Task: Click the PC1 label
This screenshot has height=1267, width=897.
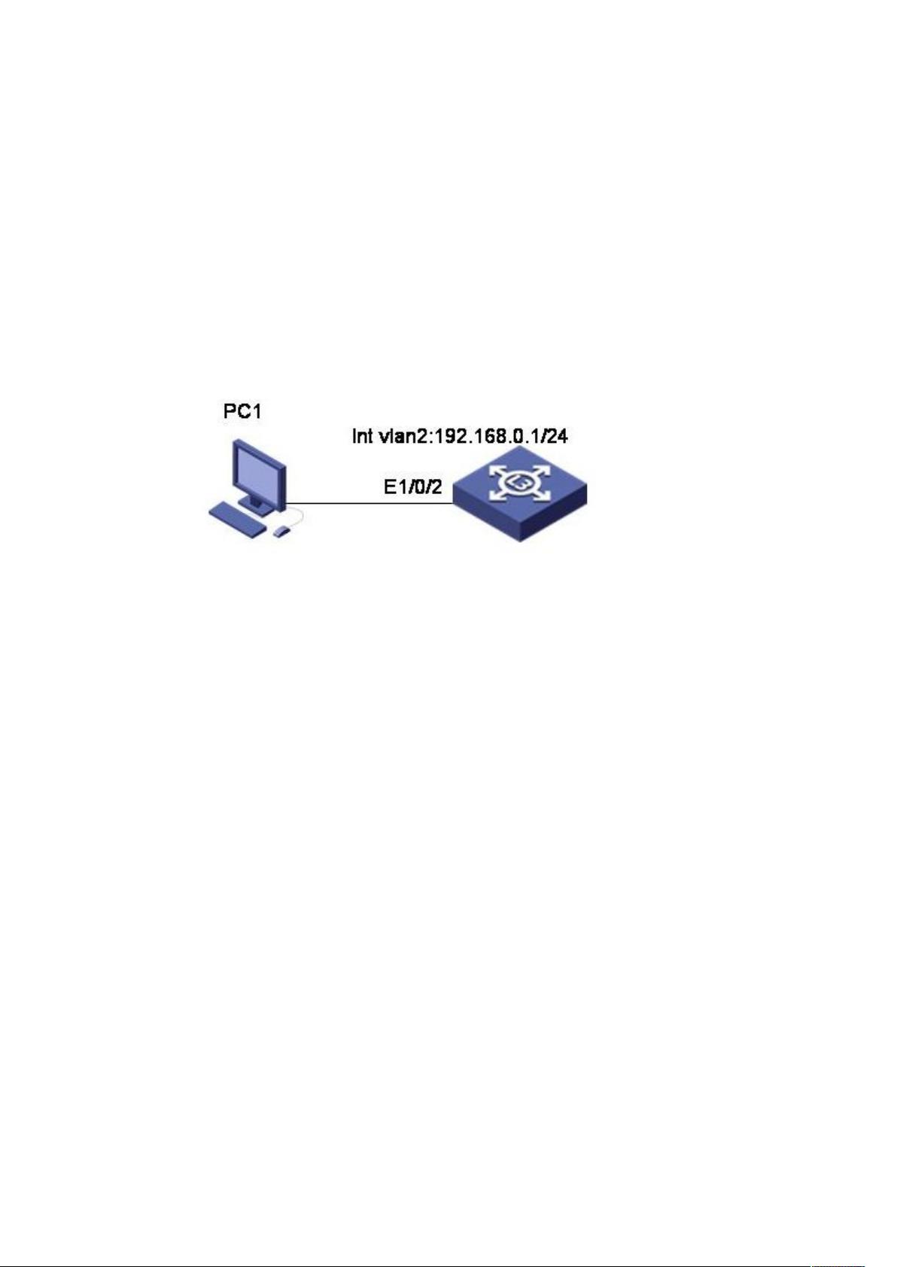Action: [x=242, y=412]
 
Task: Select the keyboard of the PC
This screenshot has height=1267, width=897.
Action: [x=237, y=520]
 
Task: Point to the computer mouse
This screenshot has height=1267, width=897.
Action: [x=282, y=530]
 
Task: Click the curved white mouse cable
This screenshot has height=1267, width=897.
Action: [x=299, y=516]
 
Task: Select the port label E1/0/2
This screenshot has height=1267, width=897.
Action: [x=412, y=487]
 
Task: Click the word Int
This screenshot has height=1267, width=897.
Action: [x=362, y=436]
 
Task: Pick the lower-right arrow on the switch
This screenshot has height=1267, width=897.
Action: [x=542, y=494]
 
